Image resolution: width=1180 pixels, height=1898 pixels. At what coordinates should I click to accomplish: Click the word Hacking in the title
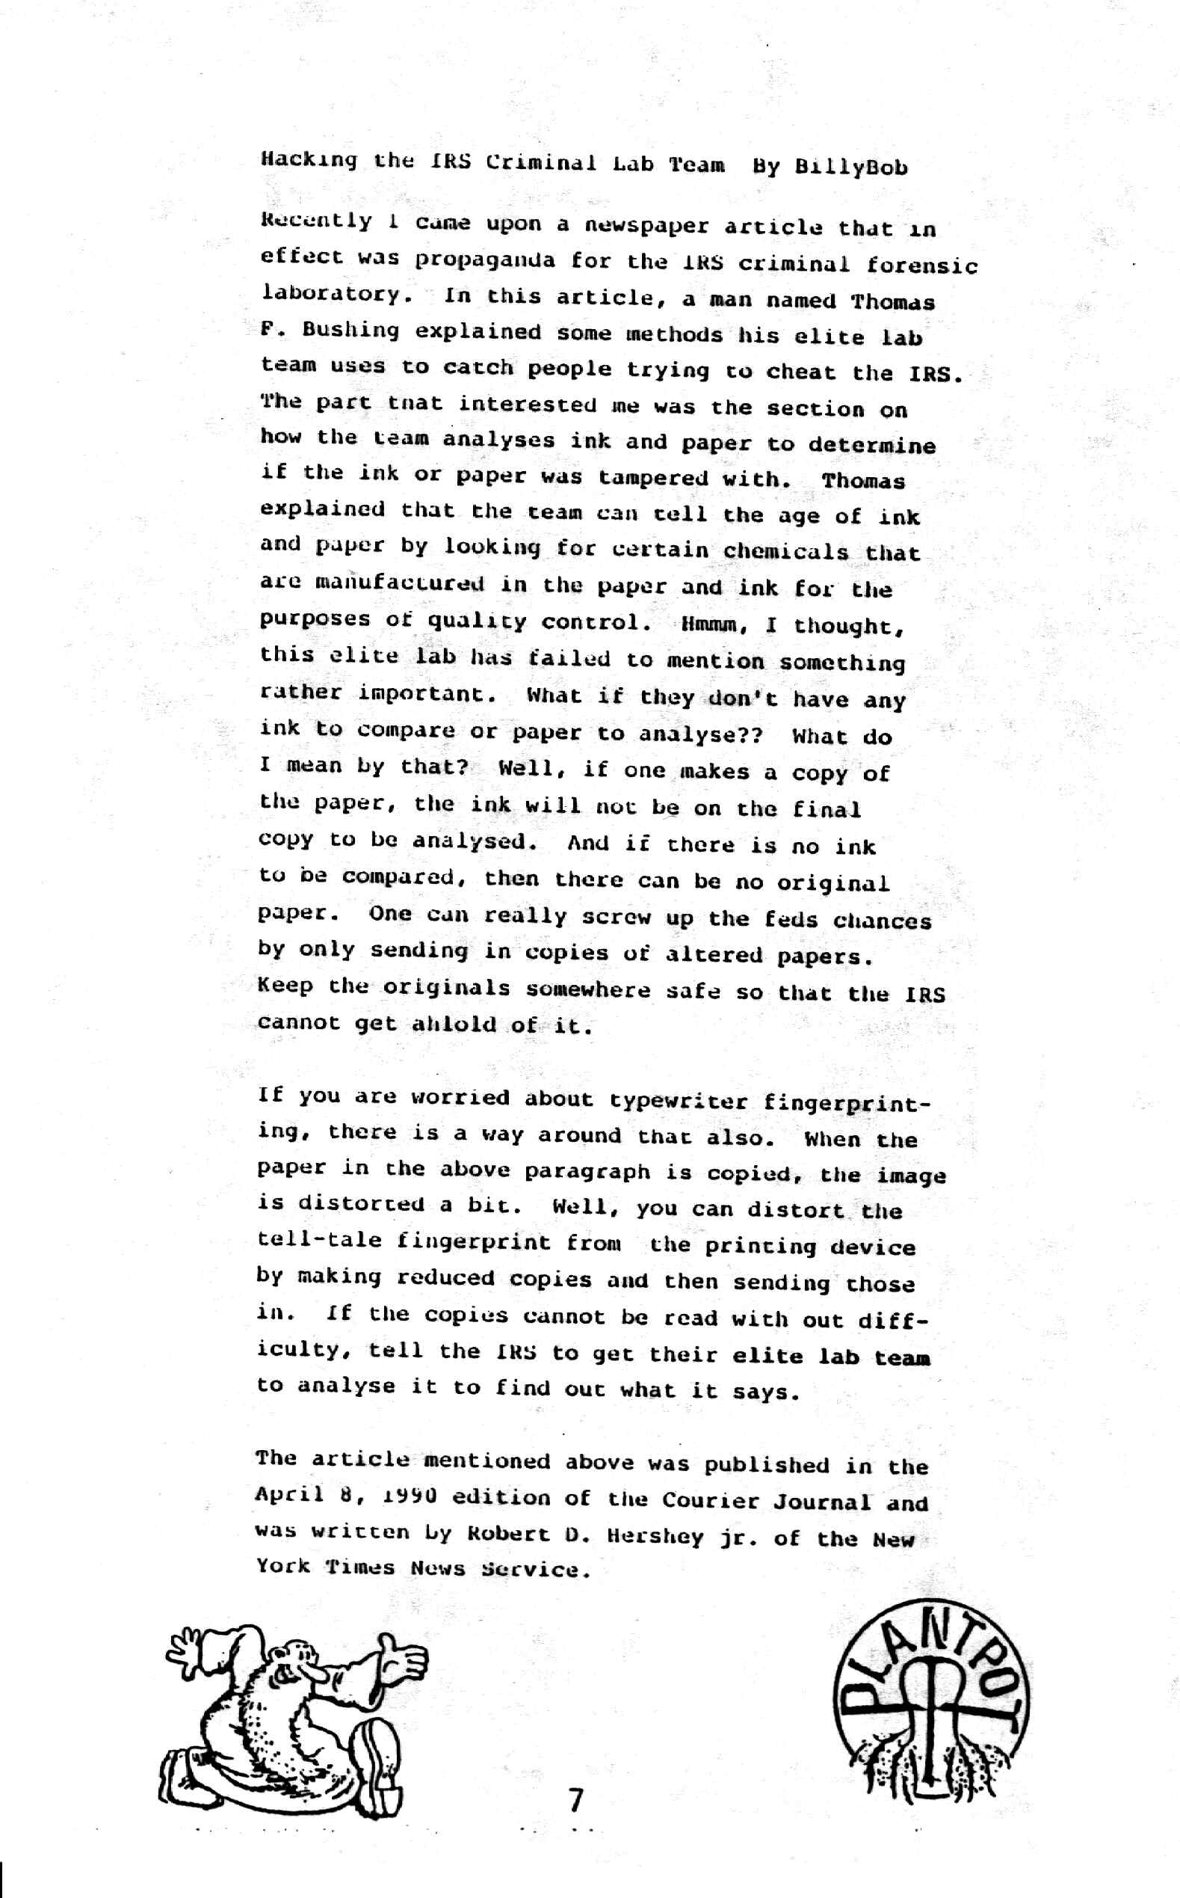(309, 161)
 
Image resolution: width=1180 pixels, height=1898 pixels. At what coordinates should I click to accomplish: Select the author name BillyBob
(850, 167)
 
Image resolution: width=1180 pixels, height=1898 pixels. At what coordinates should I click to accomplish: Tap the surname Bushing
(350, 331)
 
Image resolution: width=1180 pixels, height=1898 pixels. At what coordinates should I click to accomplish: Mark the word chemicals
(785, 551)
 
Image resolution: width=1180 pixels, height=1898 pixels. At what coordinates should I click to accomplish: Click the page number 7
(576, 1799)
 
